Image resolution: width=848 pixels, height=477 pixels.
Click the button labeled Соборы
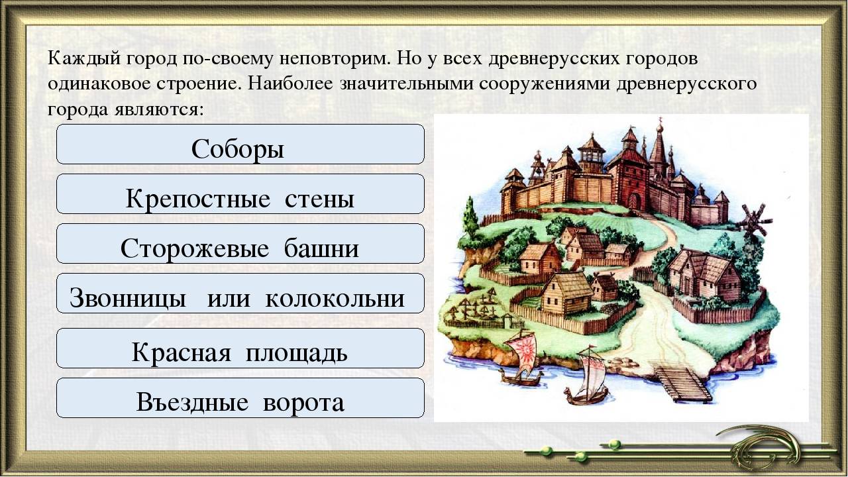[240, 144]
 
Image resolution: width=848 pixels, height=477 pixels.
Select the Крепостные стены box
[240, 194]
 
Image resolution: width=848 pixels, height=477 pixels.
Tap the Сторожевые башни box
[240, 243]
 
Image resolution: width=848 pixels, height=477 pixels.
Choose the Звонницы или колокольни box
[240, 293]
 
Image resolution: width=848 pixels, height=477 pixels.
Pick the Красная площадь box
[240, 348]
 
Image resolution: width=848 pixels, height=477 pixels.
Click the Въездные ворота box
[240, 397]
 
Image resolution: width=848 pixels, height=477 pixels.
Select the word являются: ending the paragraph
[158, 111]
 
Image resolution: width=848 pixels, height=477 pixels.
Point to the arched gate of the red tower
[635, 201]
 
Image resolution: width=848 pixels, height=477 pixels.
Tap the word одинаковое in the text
[99, 84]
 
